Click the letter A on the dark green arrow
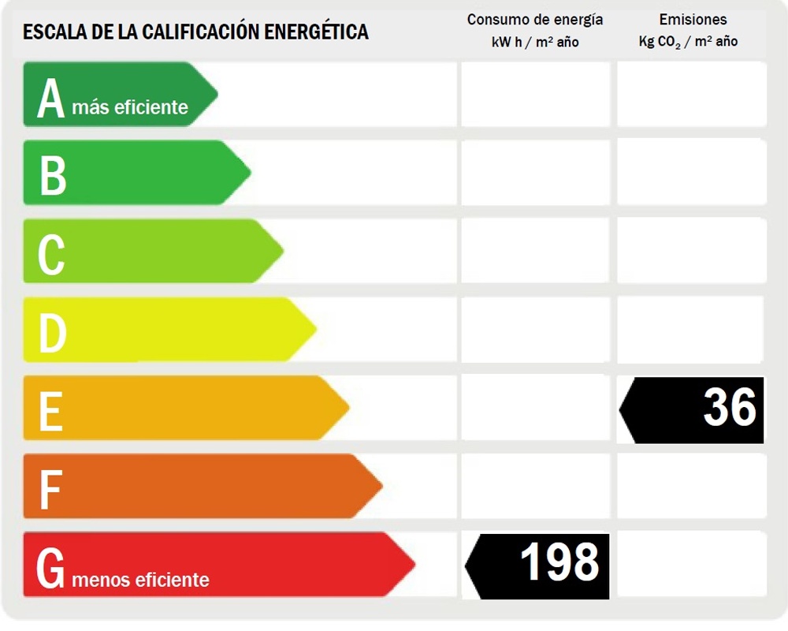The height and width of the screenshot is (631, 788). click(x=50, y=99)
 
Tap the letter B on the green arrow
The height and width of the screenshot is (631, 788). click(x=52, y=175)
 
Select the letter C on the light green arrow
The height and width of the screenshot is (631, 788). click(x=51, y=254)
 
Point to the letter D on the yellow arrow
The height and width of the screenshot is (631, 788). click(x=52, y=332)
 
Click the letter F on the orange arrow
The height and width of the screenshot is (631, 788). click(x=50, y=488)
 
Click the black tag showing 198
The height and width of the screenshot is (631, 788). click(x=539, y=565)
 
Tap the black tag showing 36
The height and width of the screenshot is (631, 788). click(x=693, y=409)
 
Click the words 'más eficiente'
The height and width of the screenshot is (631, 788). click(x=130, y=107)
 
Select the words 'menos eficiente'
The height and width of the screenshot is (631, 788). click(x=140, y=581)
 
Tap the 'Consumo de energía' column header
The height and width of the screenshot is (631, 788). click(x=535, y=20)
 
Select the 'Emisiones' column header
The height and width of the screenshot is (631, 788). click(x=693, y=20)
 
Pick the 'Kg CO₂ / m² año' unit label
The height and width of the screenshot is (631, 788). click(x=688, y=42)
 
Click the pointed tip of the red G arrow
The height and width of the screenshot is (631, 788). click(x=414, y=564)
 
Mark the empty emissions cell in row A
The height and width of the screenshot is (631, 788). click(x=691, y=94)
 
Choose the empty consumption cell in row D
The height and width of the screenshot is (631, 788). click(x=535, y=330)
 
